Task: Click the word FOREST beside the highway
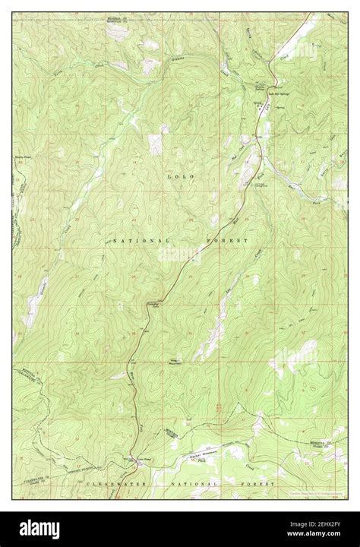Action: coord(233,240)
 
